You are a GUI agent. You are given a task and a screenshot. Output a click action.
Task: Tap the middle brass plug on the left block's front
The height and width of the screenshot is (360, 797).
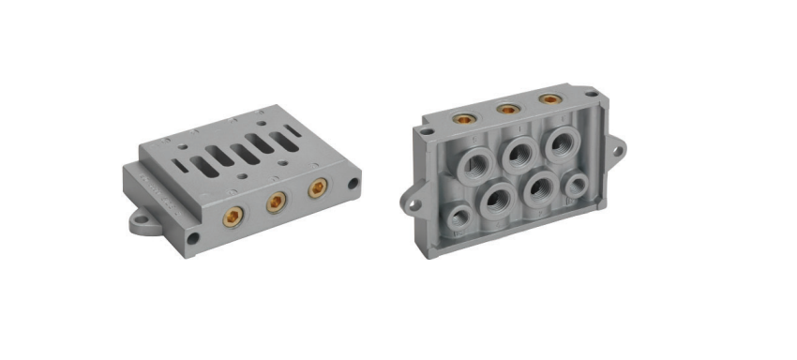pos(276,202)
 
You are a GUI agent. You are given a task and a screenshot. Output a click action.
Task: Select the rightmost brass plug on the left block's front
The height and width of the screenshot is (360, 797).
pos(318,188)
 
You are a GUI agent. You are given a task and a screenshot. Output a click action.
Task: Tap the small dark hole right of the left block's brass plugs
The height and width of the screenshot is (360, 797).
pos(353,183)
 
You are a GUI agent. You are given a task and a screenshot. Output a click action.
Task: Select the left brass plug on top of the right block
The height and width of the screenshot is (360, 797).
pos(462,119)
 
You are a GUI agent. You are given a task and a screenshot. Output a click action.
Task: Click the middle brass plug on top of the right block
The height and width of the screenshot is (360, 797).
pos(506,109)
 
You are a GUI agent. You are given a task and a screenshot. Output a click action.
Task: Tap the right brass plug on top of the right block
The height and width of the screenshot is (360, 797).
pos(549,98)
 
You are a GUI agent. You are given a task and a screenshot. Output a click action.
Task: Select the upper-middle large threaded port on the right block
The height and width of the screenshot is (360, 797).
pos(517,153)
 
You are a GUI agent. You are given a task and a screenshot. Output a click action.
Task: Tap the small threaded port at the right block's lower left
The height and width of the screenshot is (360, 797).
pos(459,217)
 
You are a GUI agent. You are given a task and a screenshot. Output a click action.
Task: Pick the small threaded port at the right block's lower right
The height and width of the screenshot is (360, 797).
pos(575,184)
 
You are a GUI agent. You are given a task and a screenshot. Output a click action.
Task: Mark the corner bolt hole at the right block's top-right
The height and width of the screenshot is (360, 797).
pos(592,94)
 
